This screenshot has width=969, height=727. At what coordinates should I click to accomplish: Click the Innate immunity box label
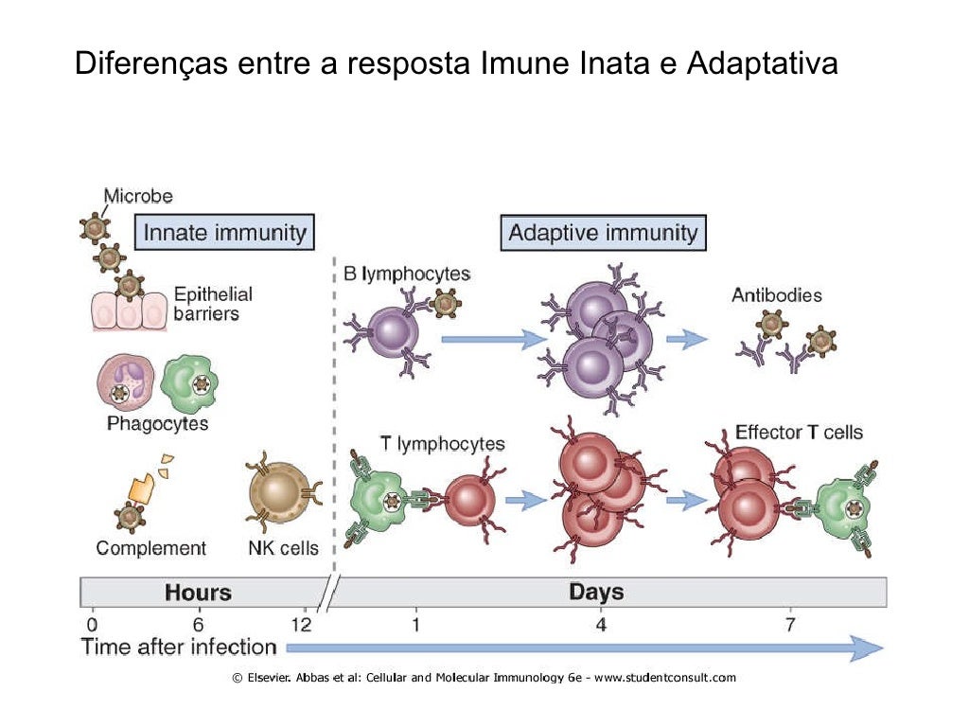tap(223, 232)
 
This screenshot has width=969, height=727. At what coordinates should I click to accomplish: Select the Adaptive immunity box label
tap(603, 232)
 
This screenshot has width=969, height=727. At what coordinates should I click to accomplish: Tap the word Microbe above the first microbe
tap(137, 197)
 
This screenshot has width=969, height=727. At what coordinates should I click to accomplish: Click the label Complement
tap(150, 547)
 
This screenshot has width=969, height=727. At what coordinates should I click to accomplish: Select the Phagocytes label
tap(157, 423)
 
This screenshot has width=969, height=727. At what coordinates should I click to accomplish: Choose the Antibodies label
tap(776, 295)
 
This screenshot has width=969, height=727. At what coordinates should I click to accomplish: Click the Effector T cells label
tap(799, 433)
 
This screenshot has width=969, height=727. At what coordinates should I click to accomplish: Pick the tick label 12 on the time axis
tap(301, 624)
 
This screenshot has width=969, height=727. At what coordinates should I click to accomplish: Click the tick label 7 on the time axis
tap(790, 624)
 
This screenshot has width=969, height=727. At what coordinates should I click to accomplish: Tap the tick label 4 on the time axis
tap(600, 624)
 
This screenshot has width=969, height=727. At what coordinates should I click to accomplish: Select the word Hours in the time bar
tap(198, 593)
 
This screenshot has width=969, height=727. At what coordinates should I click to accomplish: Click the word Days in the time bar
tap(596, 593)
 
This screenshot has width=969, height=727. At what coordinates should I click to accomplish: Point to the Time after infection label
tap(179, 647)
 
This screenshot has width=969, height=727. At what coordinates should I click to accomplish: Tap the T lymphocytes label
tap(442, 443)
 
